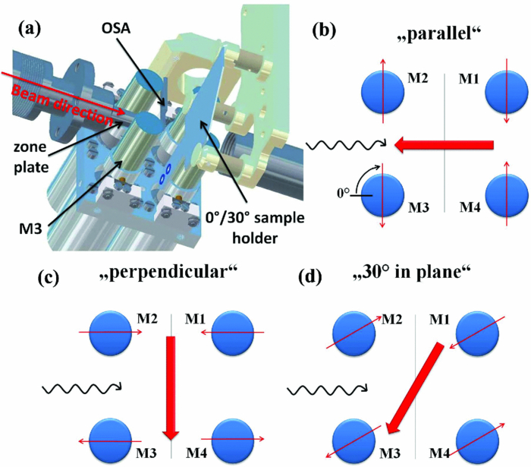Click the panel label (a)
point(33,33)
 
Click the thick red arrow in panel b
point(444,144)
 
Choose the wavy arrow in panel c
point(80,389)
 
